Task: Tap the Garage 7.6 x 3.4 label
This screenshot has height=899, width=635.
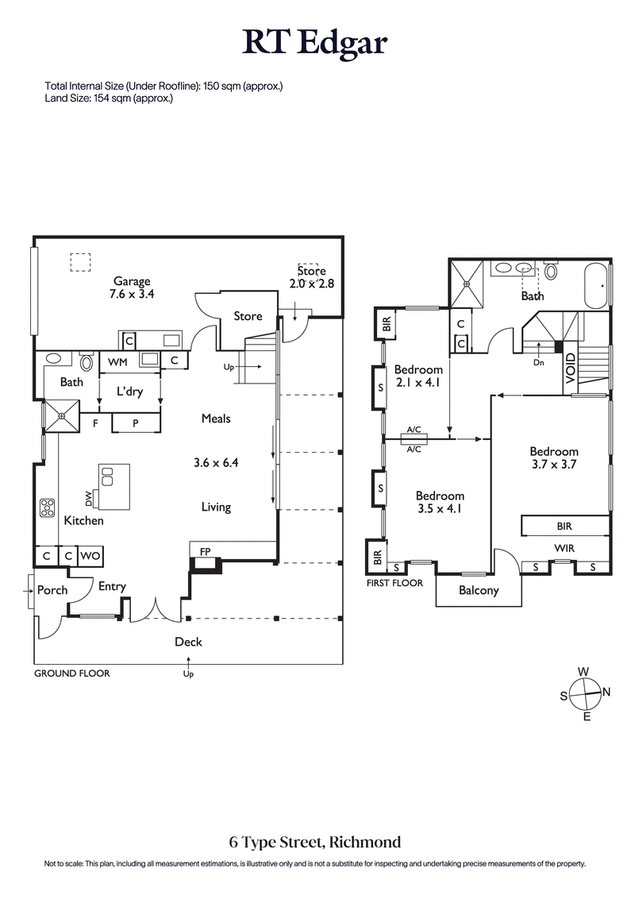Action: [132, 287]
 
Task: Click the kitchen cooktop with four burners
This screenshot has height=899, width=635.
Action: [47, 507]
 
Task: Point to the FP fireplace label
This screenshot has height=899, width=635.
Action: [205, 550]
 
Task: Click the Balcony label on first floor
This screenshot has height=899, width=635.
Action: [479, 590]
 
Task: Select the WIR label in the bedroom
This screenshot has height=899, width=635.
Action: [564, 548]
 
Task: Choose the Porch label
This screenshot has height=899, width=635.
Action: [52, 590]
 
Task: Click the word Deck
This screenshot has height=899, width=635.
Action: [188, 642]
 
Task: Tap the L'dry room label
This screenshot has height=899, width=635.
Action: [129, 392]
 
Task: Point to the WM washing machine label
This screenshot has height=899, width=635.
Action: [117, 362]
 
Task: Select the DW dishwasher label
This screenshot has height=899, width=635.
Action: [89, 499]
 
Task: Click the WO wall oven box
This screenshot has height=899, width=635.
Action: [90, 556]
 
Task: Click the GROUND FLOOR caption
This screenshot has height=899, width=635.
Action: [71, 673]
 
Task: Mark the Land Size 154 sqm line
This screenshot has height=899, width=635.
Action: [109, 98]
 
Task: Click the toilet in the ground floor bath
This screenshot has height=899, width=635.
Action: [87, 363]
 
